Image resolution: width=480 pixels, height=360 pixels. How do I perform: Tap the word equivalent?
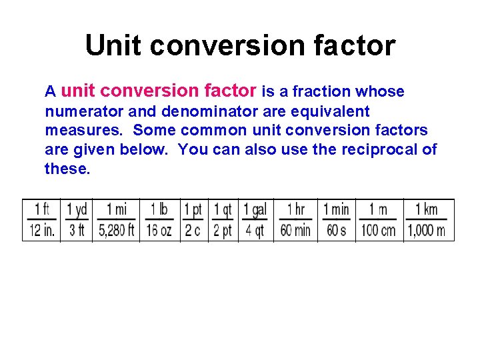pyautogui.click(x=329, y=111)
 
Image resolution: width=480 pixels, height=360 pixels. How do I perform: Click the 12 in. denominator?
pyautogui.click(x=41, y=231)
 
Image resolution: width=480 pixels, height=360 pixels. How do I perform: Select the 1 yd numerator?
pyautogui.click(x=77, y=209)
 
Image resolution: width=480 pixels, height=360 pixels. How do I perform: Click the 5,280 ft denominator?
pyautogui.click(x=116, y=231)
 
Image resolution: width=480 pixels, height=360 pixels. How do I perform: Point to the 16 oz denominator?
pyautogui.click(x=159, y=231)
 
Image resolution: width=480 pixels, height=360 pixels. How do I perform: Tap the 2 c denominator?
pyautogui.click(x=193, y=231)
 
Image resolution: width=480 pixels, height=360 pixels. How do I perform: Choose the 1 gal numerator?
pyautogui.click(x=255, y=209)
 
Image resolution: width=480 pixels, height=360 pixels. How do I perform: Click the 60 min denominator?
pyautogui.click(x=295, y=231)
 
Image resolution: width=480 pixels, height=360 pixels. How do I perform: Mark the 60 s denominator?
pyautogui.click(x=336, y=231)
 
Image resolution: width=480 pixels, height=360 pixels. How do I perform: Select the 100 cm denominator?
pyautogui.click(x=378, y=231)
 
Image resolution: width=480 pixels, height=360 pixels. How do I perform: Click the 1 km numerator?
pyautogui.click(x=427, y=209)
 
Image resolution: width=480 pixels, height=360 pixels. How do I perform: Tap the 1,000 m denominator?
pyautogui.click(x=427, y=231)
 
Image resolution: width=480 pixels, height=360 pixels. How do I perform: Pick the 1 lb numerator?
pyautogui.click(x=159, y=209)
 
